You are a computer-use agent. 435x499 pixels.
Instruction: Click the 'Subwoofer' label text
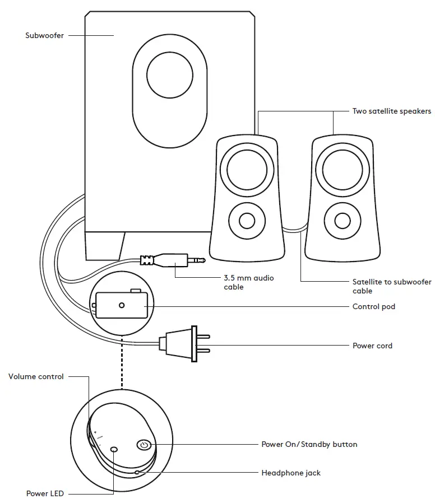click(44, 35)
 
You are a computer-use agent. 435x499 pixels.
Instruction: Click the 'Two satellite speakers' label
click(391, 111)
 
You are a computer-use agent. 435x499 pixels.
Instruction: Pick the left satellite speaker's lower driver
click(246, 220)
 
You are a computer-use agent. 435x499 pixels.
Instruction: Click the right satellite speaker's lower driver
click(341, 220)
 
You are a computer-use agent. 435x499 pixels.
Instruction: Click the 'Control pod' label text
click(373, 306)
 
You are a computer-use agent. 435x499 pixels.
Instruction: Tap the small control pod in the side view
click(122, 305)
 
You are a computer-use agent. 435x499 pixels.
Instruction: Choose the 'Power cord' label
click(372, 346)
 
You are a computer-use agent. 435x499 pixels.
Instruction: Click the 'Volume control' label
click(36, 377)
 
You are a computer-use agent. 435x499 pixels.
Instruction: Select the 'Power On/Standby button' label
click(309, 444)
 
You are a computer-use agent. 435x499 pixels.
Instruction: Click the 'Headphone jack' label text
click(291, 473)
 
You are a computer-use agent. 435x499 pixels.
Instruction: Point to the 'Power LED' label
click(45, 493)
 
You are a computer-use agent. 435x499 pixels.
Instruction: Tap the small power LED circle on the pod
click(114, 449)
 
